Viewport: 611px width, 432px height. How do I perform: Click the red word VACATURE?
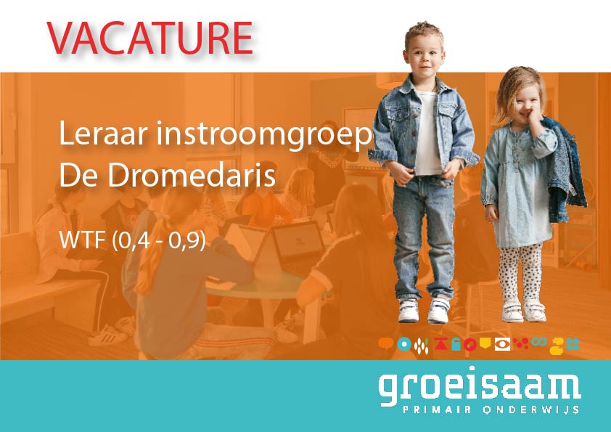coord(150,37)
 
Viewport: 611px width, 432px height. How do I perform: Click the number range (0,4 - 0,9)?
coord(160,240)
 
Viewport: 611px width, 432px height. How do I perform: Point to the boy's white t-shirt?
coord(428,134)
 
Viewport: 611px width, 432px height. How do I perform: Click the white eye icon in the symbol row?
coord(502,344)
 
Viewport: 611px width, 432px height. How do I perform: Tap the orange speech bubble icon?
coord(386,344)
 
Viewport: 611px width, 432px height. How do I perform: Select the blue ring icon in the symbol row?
coord(403,344)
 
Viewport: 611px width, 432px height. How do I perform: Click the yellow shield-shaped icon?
coord(485,343)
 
